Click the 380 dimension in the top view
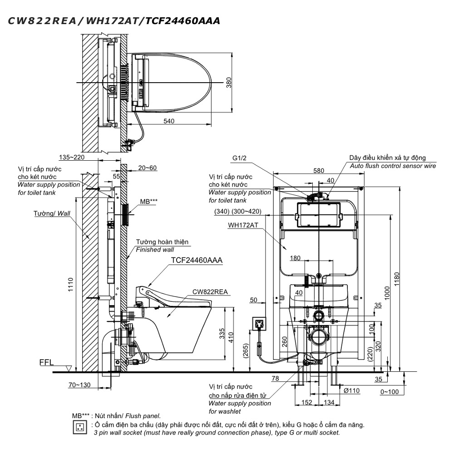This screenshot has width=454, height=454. pyautogui.click(x=229, y=83)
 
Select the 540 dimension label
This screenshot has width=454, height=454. pyautogui.click(x=169, y=121)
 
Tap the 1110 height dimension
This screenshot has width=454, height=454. pyautogui.click(x=71, y=284)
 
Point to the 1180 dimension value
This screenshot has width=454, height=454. pyautogui.click(x=397, y=279)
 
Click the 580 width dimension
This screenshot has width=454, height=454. pyautogui.click(x=319, y=171)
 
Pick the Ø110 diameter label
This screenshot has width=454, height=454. pyautogui.click(x=351, y=390)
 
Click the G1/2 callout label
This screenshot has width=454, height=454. pyautogui.click(x=239, y=158)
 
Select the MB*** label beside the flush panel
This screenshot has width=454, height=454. pyautogui.click(x=149, y=202)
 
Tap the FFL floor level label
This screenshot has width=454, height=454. pyautogui.click(x=46, y=362)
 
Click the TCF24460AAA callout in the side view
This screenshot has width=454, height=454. pyautogui.click(x=197, y=260)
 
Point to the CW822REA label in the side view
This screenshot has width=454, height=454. pyautogui.click(x=210, y=292)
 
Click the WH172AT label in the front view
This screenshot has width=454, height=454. pyautogui.click(x=243, y=225)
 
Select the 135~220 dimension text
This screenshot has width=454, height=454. pyautogui.click(x=72, y=157)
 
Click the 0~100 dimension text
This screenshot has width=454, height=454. pyautogui.click(x=390, y=392)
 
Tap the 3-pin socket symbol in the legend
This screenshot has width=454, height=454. pyautogui.click(x=79, y=427)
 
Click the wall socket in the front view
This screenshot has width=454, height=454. pyautogui.click(x=259, y=323)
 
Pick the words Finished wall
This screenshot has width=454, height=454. pyautogui.click(x=155, y=250)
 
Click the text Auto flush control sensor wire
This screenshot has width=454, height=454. pyautogui.click(x=393, y=166)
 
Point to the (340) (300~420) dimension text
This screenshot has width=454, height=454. pyautogui.click(x=238, y=212)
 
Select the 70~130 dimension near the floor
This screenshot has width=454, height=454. pyautogui.click(x=79, y=385)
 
